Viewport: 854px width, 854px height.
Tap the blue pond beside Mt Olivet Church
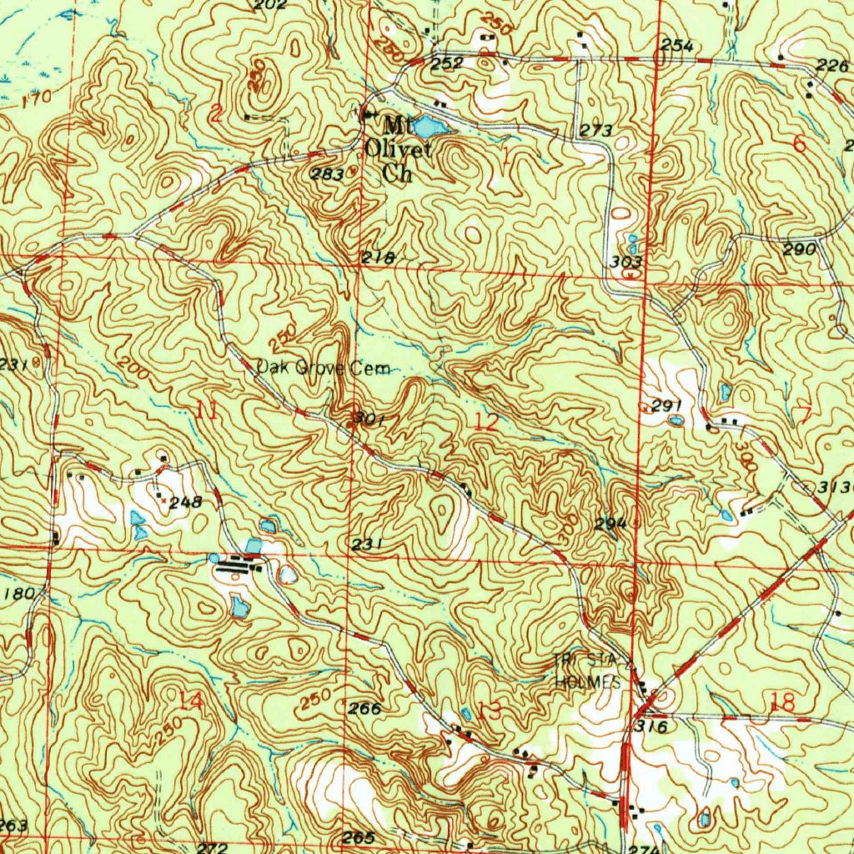click(x=429, y=127)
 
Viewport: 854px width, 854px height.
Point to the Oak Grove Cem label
click(x=323, y=368)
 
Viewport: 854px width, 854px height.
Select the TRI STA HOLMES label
click(x=589, y=671)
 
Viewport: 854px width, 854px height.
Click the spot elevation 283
click(x=324, y=174)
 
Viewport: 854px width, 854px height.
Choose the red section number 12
click(x=485, y=422)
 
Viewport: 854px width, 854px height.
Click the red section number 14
click(x=191, y=701)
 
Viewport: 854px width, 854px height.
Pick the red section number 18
click(x=782, y=703)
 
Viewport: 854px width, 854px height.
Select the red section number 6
click(x=800, y=143)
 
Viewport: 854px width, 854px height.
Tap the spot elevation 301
click(x=368, y=419)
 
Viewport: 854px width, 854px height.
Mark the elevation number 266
click(x=364, y=709)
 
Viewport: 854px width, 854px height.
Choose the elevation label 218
click(x=378, y=258)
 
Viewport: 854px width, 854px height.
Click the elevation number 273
click(x=595, y=130)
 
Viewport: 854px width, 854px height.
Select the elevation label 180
click(x=19, y=594)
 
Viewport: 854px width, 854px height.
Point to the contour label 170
click(x=37, y=100)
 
